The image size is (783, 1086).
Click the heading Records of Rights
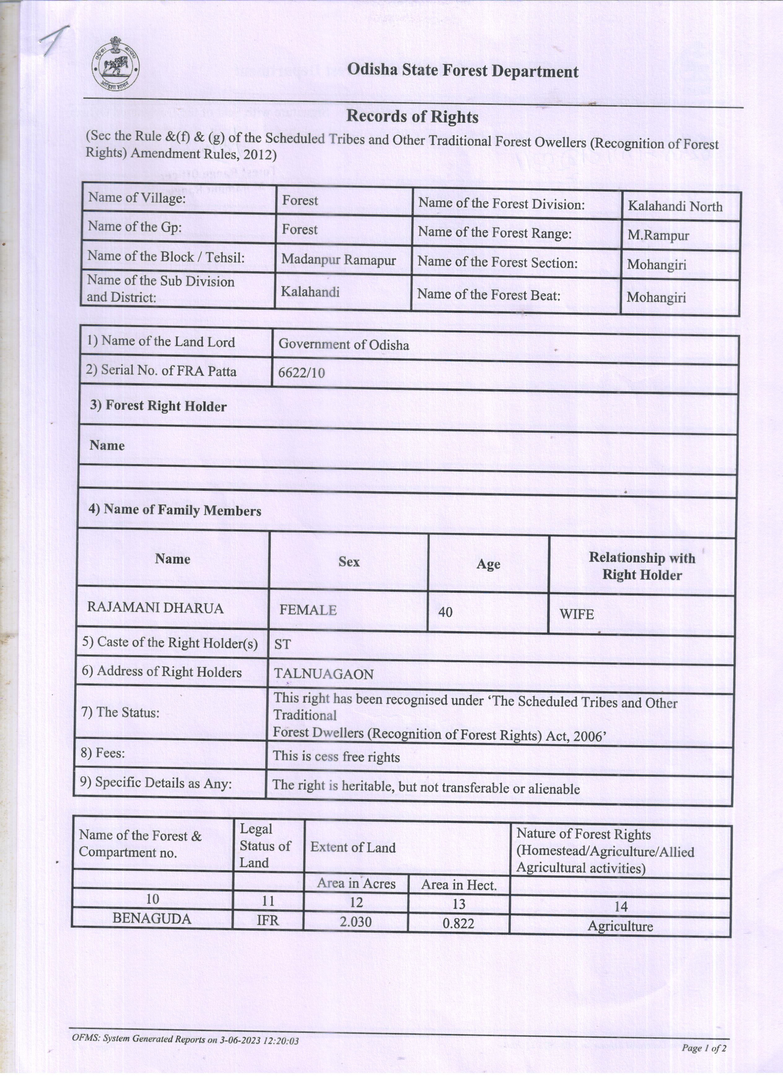pos(412,116)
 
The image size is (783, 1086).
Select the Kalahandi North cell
pos(675,206)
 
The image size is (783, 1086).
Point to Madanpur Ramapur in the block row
pos(338,260)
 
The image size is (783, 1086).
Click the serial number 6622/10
pos(301,373)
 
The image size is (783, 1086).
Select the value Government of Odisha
pos(343,345)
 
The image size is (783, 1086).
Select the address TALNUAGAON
pos(323,674)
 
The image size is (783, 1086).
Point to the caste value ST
pos(282,644)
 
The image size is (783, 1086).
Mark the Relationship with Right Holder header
pos(642,566)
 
